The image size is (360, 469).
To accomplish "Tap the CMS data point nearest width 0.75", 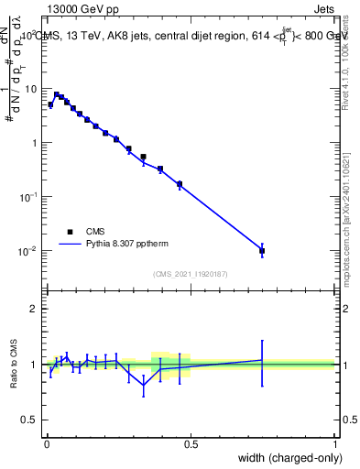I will (x=262, y=250).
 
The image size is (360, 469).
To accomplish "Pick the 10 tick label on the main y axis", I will (x=31, y=89).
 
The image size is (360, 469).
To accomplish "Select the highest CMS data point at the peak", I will (x=56, y=94).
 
